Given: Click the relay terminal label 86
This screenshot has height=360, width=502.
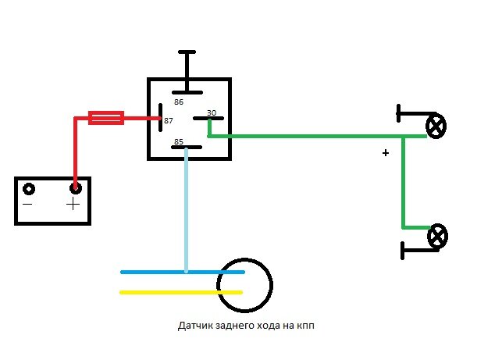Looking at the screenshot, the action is click(x=179, y=102).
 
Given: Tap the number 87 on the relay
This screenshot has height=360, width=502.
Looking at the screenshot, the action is click(x=169, y=121).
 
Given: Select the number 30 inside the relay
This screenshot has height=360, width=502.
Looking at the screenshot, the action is click(x=212, y=112).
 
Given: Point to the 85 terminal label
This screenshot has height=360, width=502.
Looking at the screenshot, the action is click(x=179, y=141).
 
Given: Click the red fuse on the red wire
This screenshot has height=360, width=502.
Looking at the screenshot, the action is click(x=106, y=118).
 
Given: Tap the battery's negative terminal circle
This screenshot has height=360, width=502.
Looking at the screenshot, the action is click(x=29, y=189).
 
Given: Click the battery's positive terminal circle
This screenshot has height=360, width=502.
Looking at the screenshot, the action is click(x=76, y=188).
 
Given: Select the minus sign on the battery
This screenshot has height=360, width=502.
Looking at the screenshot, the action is click(x=27, y=205).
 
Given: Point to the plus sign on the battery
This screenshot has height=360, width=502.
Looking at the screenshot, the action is click(x=73, y=204).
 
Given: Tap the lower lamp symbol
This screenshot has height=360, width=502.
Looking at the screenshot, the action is click(x=438, y=237).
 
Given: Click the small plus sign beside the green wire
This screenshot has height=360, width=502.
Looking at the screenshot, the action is click(x=386, y=153).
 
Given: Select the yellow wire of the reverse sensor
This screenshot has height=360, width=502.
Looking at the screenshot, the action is click(x=181, y=292).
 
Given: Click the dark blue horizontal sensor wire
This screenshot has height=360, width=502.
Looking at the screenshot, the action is click(x=183, y=272).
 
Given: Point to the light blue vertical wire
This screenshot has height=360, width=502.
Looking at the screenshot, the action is click(x=186, y=210).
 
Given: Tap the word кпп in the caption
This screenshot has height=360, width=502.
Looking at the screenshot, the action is click(x=305, y=326).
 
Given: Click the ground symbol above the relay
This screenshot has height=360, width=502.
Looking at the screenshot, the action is click(x=187, y=71).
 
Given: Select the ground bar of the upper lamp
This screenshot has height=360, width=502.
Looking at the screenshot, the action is click(x=398, y=113).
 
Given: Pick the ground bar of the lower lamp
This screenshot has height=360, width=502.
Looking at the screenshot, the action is click(x=402, y=251).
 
